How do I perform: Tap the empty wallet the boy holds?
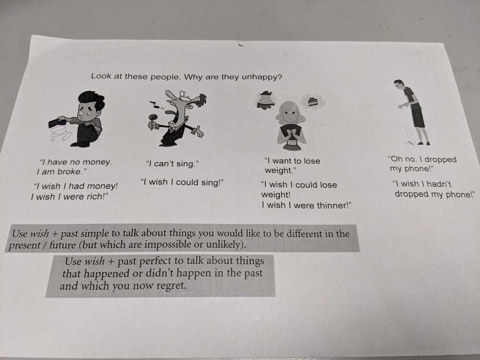(x=57, y=123)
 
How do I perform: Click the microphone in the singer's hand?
(x=152, y=120)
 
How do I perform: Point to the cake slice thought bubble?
(x=313, y=102)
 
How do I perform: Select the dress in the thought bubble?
(x=266, y=100)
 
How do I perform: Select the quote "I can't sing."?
(x=172, y=164)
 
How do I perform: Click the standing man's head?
(x=398, y=85)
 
